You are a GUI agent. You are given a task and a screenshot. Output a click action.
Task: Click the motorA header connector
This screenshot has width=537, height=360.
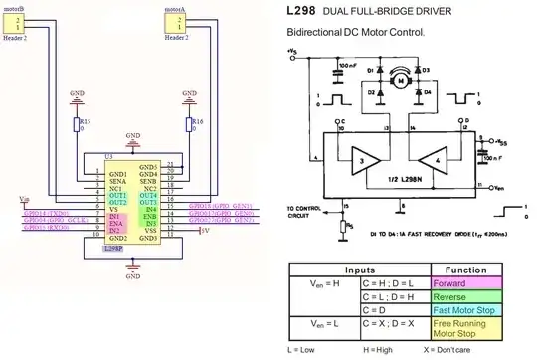175,26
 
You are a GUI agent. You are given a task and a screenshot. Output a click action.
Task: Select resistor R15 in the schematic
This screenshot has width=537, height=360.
78,126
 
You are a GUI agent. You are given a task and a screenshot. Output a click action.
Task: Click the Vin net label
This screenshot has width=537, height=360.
24,199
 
